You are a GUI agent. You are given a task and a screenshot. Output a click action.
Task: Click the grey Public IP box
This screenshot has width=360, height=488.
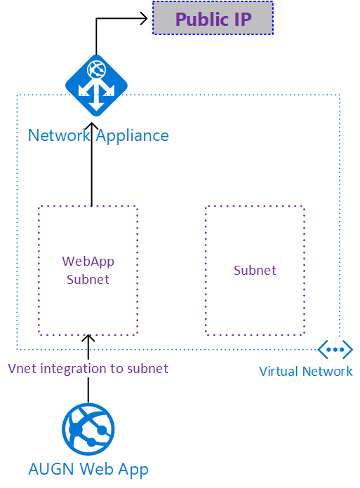coord(213,18)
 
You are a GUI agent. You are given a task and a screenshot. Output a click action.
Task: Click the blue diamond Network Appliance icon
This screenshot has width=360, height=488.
coord(96,86)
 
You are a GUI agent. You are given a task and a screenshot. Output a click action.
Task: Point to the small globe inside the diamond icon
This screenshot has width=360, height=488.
coord(96,69)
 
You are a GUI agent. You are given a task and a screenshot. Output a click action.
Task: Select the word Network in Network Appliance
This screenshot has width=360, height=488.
coord(59,135)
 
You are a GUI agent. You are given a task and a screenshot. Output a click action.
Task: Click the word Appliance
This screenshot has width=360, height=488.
coord(133,136)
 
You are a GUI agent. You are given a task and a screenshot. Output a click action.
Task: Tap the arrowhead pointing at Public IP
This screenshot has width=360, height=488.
coord(144,18)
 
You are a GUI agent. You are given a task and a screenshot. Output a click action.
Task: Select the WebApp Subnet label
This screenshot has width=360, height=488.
coord(88,271)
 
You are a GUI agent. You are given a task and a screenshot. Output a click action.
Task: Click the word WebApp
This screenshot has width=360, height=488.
coord(88,262)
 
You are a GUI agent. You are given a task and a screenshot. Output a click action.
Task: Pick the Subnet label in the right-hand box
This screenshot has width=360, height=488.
coord(255,270)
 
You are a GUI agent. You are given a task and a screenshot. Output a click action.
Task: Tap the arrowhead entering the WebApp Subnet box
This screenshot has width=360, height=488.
coord(88,339)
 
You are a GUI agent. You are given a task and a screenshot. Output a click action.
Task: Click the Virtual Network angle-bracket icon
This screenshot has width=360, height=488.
coord(335,349)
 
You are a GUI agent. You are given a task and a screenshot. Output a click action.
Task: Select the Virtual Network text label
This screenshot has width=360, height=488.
coord(306,372)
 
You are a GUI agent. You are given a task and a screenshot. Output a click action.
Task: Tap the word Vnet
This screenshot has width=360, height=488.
coord(22,369)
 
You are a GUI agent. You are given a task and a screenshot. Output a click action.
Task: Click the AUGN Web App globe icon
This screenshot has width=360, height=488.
coord(88,429)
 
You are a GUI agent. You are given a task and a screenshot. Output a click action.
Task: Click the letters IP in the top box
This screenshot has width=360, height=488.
coord(243,20)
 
